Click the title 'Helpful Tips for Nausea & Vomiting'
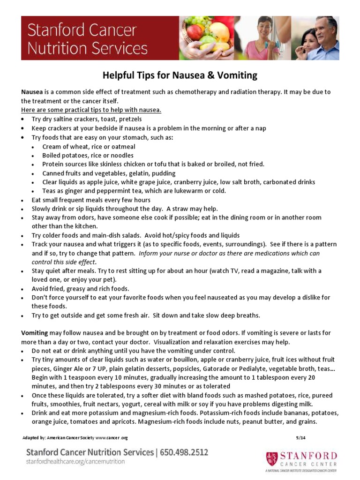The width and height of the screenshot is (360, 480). tap(180, 75)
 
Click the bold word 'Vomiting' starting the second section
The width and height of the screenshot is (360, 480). tap(35, 333)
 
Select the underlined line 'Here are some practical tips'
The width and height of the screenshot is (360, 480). tap(91, 110)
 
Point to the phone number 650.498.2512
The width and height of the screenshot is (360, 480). tap(184, 452)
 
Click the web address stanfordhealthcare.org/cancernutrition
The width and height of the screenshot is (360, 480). tap(75, 462)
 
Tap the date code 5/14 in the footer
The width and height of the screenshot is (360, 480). tap(300, 438)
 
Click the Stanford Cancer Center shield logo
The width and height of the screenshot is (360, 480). tap(271, 458)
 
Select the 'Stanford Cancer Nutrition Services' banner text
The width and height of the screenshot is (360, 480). tap(87, 39)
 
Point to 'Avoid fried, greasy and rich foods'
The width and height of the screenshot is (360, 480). tap(80, 289)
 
